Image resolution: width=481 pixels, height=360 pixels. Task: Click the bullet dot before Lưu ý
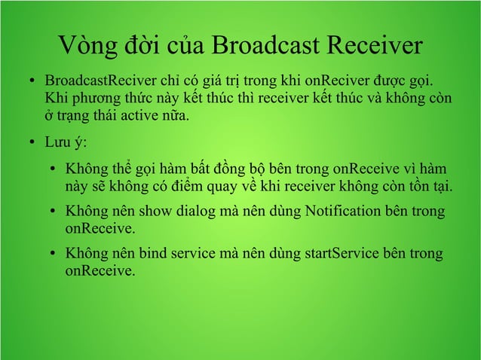click(x=26, y=144)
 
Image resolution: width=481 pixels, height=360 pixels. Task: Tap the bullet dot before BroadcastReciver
click(x=26, y=81)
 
